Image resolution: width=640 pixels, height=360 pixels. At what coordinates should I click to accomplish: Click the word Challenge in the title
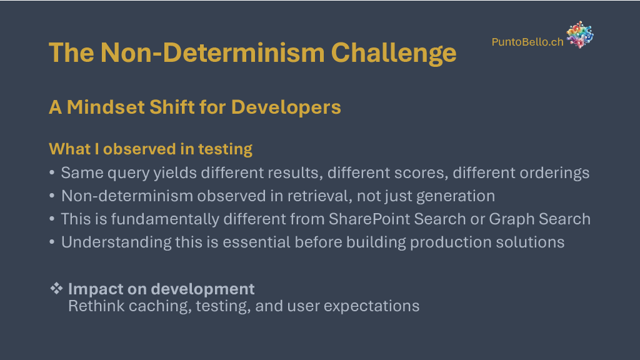pyautogui.click(x=394, y=53)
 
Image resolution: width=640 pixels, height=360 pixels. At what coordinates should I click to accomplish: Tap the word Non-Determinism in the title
pyautogui.click(x=212, y=52)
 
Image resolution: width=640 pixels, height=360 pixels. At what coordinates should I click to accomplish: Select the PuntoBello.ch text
pyautogui.click(x=527, y=42)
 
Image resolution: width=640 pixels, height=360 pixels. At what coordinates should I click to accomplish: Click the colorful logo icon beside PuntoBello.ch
pyautogui.click(x=579, y=35)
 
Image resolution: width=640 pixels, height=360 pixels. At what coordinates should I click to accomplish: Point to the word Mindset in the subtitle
pyautogui.click(x=105, y=107)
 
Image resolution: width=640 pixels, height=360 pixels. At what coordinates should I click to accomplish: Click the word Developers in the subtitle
pyautogui.click(x=286, y=107)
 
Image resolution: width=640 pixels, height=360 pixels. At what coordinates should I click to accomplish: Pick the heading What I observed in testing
pyautogui.click(x=151, y=149)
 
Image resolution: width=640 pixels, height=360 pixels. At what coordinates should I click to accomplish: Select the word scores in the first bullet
pyautogui.click(x=424, y=173)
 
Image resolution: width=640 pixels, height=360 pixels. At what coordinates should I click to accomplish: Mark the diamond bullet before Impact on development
pyautogui.click(x=56, y=288)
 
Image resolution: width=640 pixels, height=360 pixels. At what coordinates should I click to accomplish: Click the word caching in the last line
pyautogui.click(x=160, y=306)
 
